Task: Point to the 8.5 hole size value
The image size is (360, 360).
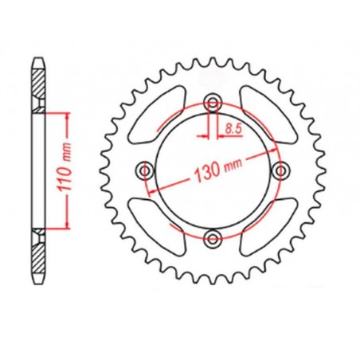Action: (234, 126)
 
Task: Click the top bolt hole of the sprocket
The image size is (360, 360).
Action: (213, 101)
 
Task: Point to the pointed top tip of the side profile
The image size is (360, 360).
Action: (37, 57)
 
